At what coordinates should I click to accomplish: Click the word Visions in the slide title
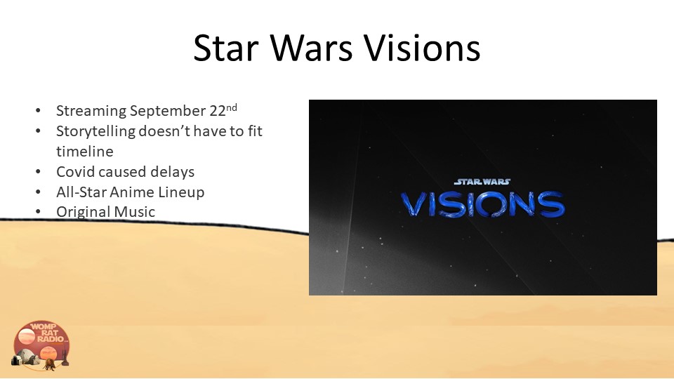[423, 47]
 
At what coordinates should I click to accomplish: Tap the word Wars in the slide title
[311, 47]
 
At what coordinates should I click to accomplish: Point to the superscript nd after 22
[232, 107]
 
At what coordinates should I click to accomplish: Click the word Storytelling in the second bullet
[96, 131]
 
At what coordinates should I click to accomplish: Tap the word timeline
[85, 152]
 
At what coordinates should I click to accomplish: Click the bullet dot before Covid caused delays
[38, 172]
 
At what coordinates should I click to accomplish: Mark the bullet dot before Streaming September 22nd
[38, 111]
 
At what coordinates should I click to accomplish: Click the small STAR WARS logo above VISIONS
[482, 182]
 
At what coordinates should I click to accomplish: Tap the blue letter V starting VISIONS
[414, 204]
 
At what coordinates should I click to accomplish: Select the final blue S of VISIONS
[553, 204]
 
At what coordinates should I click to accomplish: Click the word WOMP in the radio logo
[44, 326]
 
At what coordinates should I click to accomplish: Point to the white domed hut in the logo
[27, 357]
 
